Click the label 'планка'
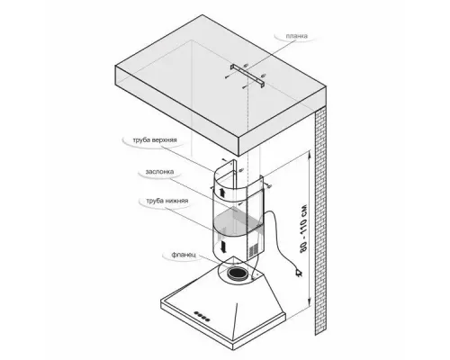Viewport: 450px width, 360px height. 296,36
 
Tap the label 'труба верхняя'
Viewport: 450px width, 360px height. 155,140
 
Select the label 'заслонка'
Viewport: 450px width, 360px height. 159,172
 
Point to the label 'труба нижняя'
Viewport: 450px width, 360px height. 167,201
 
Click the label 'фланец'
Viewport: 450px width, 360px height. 184,255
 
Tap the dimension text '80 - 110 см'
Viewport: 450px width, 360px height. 303,228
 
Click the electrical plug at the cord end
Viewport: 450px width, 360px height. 299,273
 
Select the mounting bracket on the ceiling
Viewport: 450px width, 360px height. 247,76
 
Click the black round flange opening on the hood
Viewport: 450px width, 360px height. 237,274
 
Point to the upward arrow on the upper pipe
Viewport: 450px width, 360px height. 222,193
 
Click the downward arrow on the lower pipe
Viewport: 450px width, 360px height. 223,247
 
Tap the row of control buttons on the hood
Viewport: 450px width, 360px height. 202,316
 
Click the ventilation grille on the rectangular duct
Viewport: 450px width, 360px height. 254,248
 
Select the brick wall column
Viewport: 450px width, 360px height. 320,220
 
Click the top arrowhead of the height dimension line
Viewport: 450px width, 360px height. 310,154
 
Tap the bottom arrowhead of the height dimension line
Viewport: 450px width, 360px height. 309,304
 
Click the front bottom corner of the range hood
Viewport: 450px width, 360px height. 235,349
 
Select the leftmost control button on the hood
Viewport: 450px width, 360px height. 195,313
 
